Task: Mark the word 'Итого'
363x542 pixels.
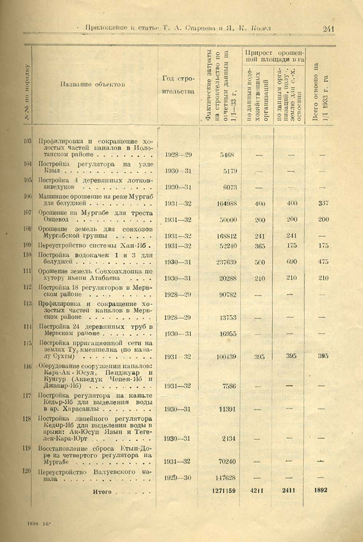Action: (102, 491)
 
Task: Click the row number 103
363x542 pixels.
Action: (27, 140)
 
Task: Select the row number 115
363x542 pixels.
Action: (27, 343)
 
